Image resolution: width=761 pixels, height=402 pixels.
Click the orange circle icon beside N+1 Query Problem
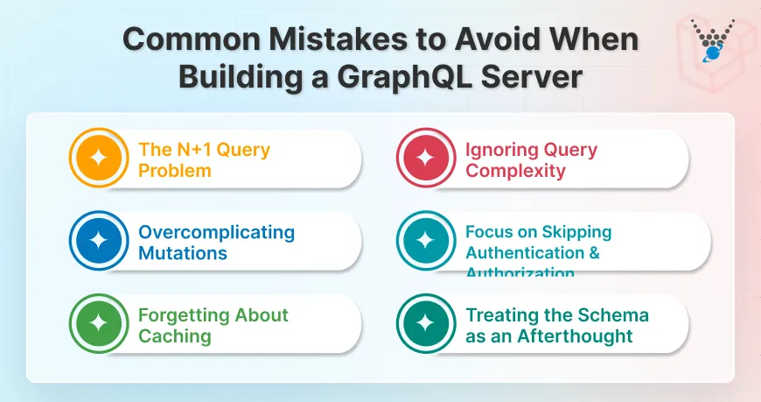(x=99, y=159)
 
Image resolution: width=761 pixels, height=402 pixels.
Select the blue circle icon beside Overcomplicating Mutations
(x=99, y=242)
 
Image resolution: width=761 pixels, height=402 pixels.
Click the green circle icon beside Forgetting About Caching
(x=99, y=324)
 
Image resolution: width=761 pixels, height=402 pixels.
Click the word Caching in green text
(x=174, y=335)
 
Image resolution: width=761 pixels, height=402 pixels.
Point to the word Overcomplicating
(x=216, y=233)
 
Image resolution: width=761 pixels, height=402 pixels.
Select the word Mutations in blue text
(x=183, y=253)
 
